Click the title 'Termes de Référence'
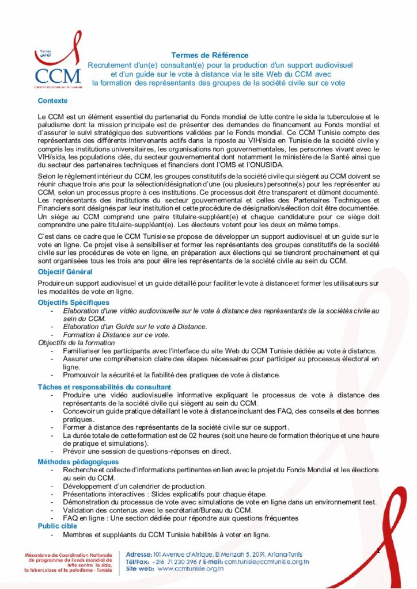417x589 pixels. pyautogui.click(x=210, y=55)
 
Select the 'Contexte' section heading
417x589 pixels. pyautogui.click(x=52, y=101)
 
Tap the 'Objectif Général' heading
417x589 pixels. pyautogui.click(x=65, y=271)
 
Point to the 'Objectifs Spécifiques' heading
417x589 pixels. pyautogui.click(x=73, y=302)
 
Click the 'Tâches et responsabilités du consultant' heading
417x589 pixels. pyautogui.click(x=104, y=387)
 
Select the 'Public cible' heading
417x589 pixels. pyautogui.click(x=58, y=526)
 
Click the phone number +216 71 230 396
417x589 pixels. pyautogui.click(x=170, y=561)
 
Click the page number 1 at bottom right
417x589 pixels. pyautogui.click(x=378, y=552)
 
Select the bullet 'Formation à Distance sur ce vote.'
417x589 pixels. pyautogui.click(x=116, y=335)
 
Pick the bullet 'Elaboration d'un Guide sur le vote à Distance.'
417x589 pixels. pyautogui.click(x=135, y=327)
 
